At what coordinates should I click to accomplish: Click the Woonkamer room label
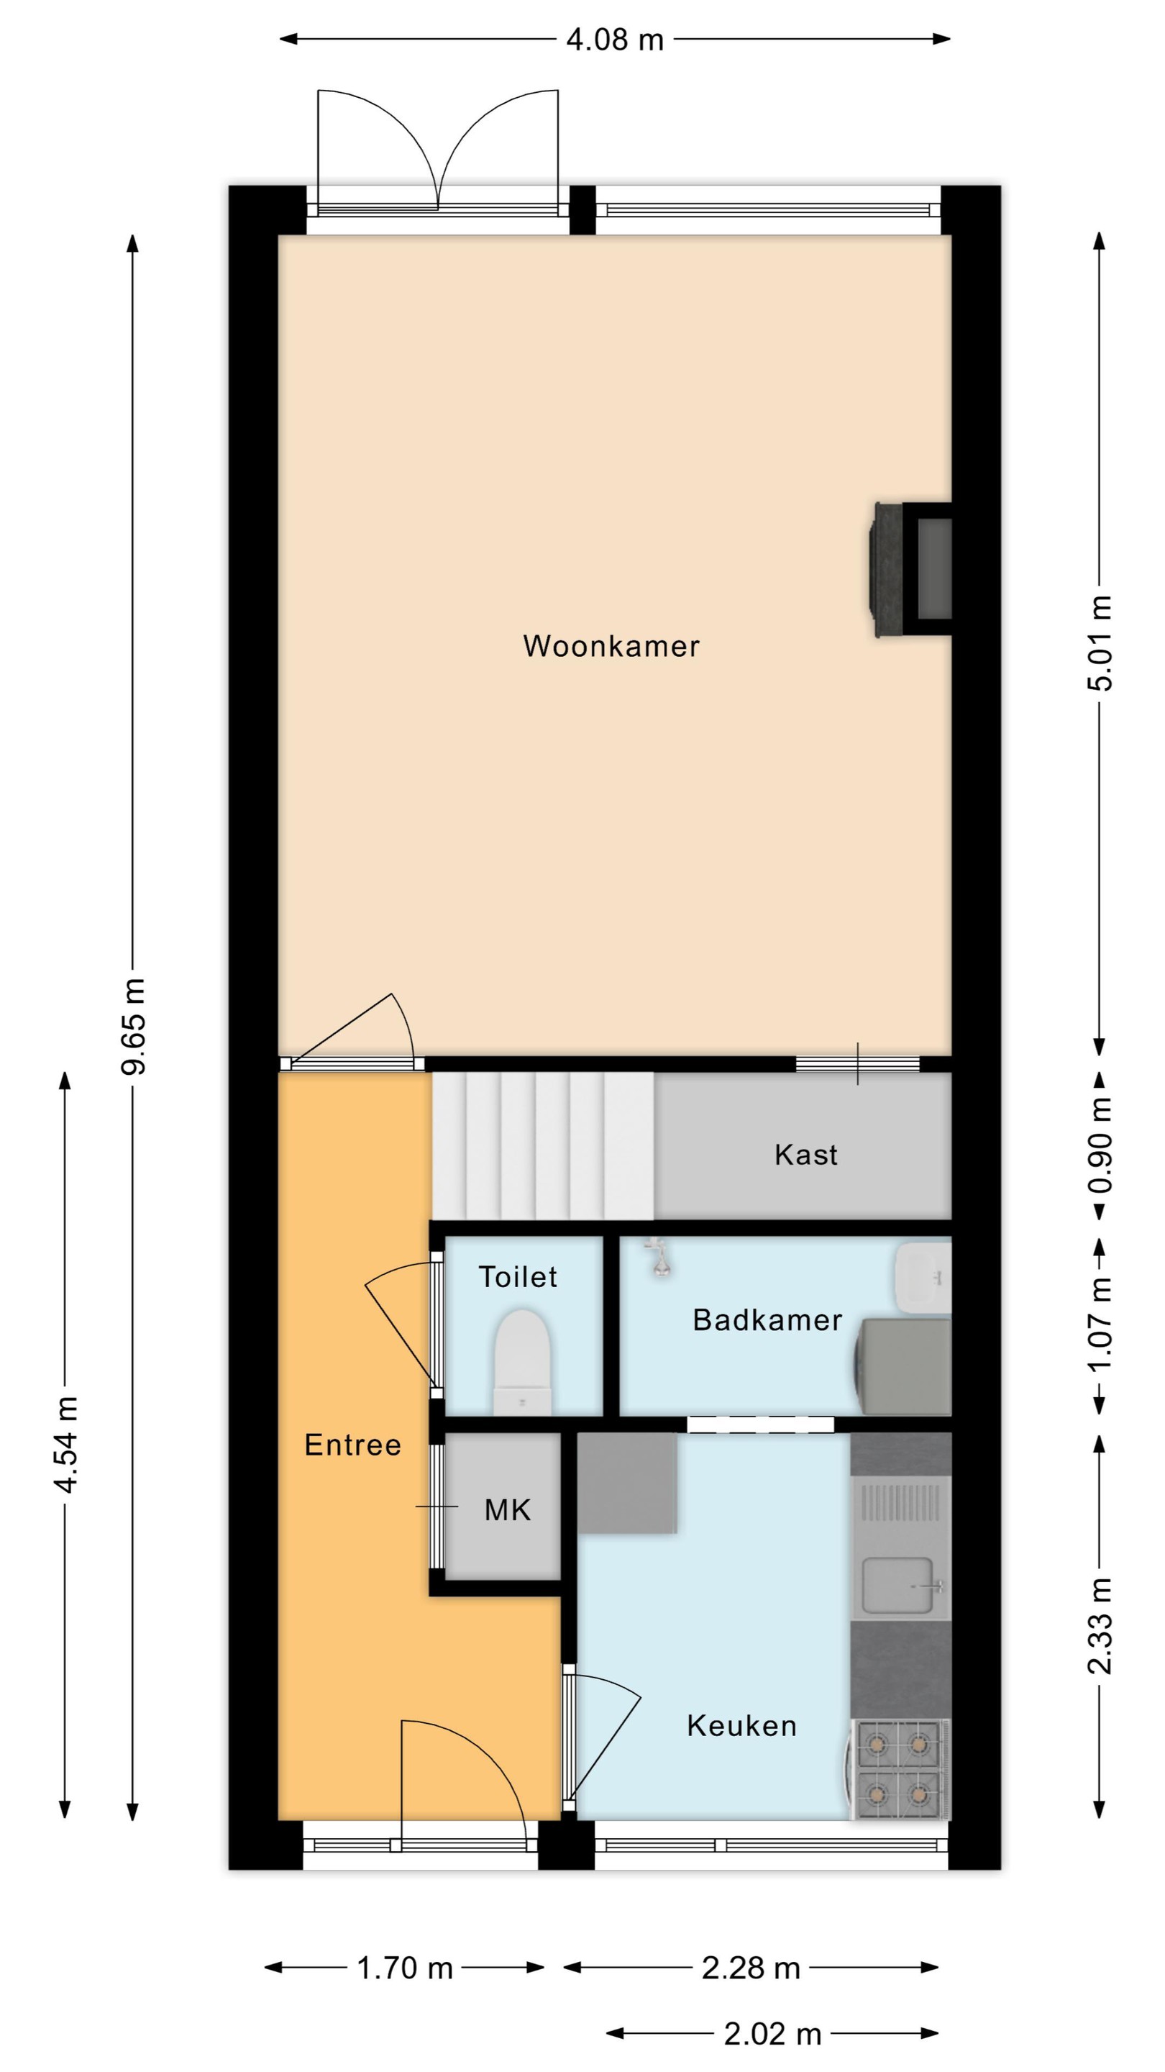click(611, 646)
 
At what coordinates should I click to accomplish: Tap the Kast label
click(805, 1154)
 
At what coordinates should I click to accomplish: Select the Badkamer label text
click(767, 1320)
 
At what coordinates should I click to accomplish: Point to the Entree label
click(352, 1445)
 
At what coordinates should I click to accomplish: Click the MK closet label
click(507, 1510)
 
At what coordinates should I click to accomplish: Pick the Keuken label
click(741, 1725)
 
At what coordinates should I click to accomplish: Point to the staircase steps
click(544, 1146)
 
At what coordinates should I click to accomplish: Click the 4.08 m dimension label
click(615, 40)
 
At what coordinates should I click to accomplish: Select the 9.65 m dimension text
click(134, 1027)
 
